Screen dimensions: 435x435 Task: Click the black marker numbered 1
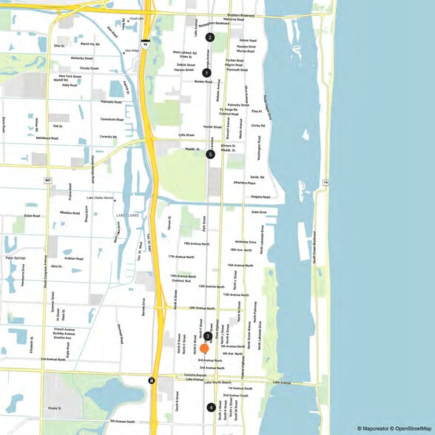pos(206,72)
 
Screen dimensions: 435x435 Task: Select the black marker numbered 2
pos(210,37)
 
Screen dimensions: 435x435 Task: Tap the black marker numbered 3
pos(208,336)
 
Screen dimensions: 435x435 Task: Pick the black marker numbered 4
pos(211,407)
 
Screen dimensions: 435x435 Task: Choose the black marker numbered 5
pos(211,155)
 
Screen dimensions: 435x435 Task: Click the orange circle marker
pos(204,348)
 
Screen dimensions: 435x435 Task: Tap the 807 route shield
pos(48,180)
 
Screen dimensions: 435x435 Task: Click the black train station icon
pos(152,381)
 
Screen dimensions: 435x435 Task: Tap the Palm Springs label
pos(16,258)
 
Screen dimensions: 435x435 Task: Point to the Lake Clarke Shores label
pos(100,198)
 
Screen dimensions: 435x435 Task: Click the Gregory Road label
pos(260,197)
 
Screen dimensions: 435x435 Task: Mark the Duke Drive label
pos(258,212)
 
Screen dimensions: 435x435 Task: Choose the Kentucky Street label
pos(81,57)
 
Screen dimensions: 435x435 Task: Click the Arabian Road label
pos(73,259)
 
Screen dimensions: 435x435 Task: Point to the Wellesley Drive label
pos(246,242)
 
